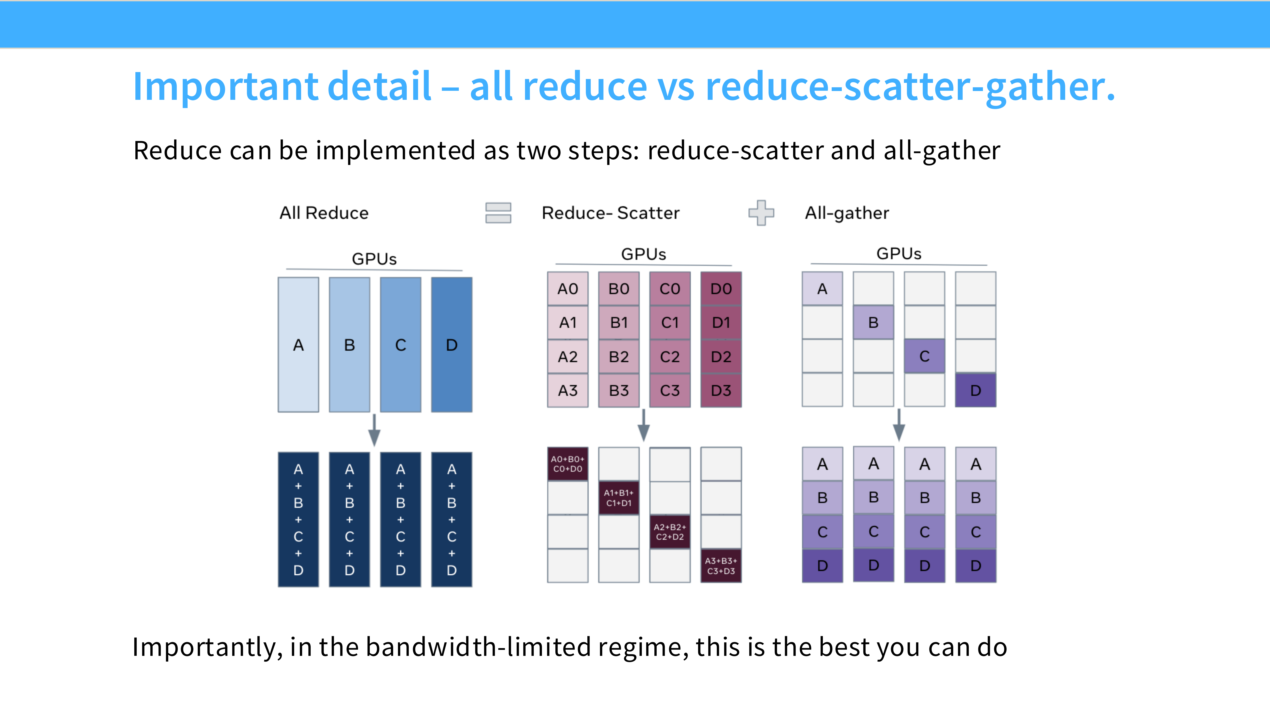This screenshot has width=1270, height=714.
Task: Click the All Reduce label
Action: click(324, 213)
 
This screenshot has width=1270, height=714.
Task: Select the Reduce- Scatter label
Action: click(610, 213)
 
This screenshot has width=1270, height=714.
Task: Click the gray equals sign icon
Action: click(498, 213)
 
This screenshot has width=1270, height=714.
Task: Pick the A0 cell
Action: click(568, 289)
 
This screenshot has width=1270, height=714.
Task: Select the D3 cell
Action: click(721, 390)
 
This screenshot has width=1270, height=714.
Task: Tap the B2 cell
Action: click(619, 356)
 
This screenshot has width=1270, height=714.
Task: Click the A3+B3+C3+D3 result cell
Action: click(721, 566)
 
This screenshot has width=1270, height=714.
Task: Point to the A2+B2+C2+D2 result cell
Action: click(670, 532)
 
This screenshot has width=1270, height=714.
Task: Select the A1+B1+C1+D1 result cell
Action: click(619, 498)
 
